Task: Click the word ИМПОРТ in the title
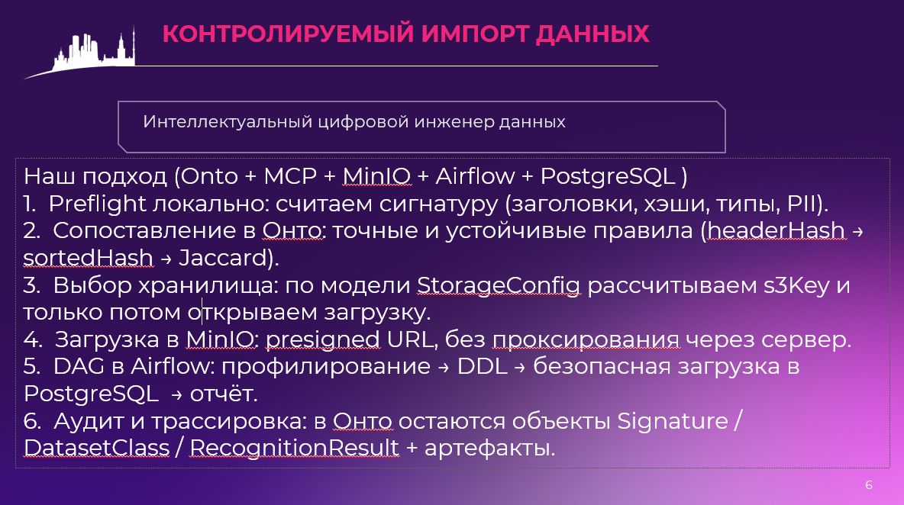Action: [x=475, y=34]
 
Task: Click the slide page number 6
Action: [x=869, y=485]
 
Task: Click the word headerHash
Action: [x=776, y=230]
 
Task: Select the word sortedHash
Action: [x=89, y=257]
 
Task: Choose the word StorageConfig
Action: [x=499, y=285]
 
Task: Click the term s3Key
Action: [x=796, y=285]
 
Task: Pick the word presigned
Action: [x=323, y=339]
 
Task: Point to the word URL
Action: [x=410, y=339]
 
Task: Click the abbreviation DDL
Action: [x=483, y=366]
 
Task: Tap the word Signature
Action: [x=673, y=421]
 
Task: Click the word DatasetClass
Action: [x=96, y=448]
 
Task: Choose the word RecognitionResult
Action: [x=294, y=448]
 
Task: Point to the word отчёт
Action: [x=223, y=394]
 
